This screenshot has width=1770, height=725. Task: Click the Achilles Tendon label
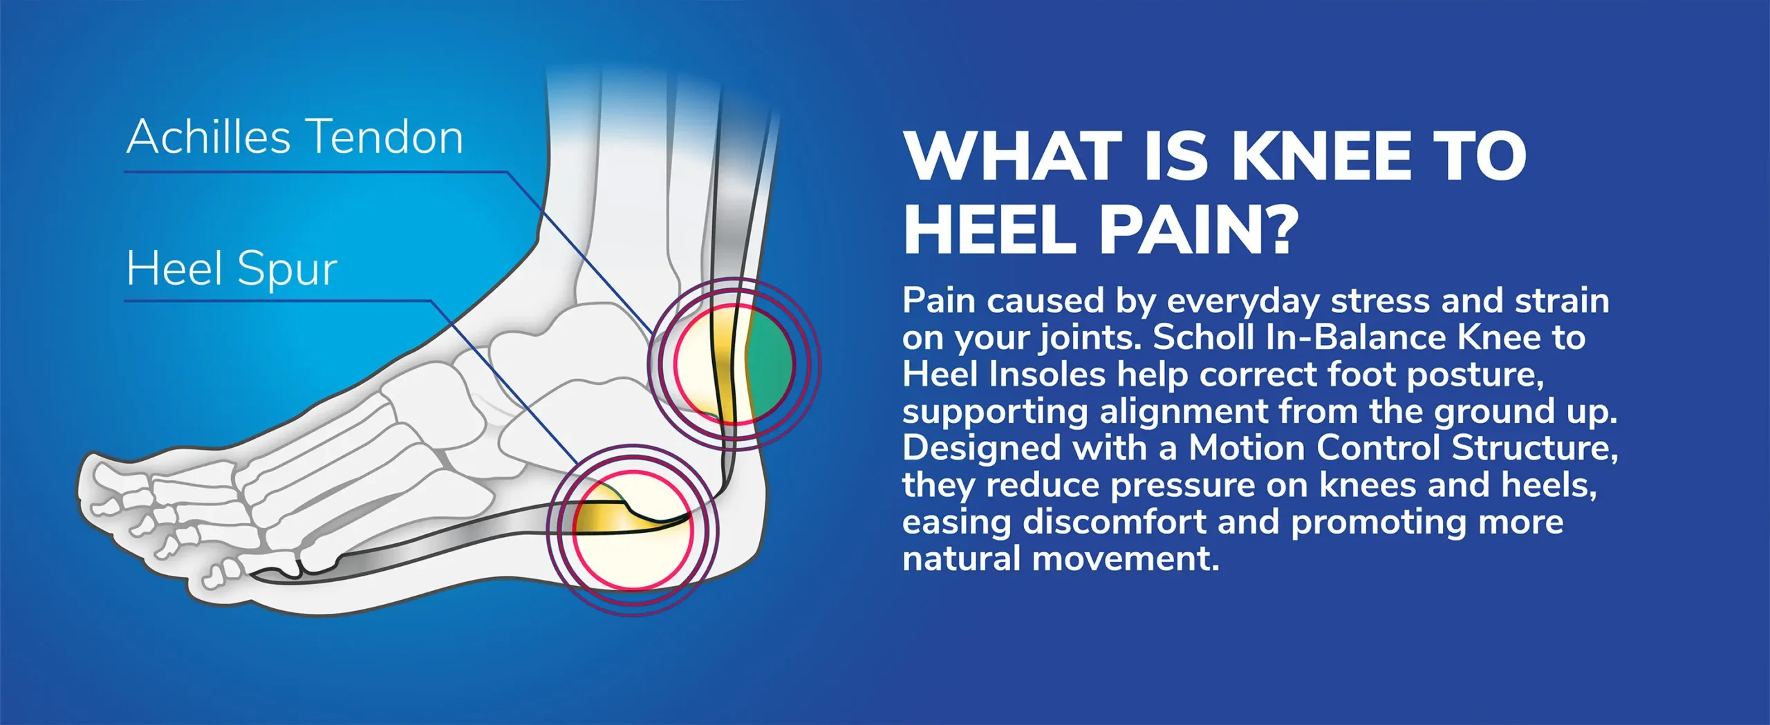pos(295,137)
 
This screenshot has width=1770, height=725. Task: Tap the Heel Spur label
pos(232,269)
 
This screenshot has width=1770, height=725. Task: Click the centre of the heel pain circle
pos(633,530)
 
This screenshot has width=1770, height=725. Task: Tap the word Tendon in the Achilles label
pos(384,137)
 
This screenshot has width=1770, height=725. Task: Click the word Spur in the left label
pos(287,269)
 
